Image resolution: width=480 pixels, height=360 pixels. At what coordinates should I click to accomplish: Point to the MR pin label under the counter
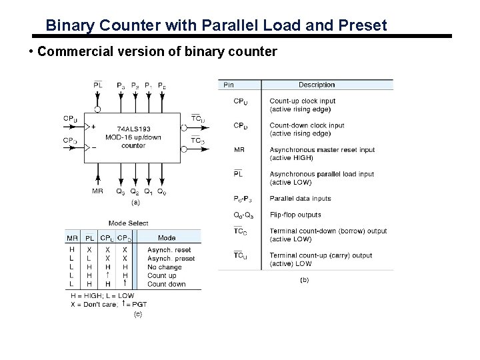click(97, 191)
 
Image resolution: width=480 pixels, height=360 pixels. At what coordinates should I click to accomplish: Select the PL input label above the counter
click(98, 85)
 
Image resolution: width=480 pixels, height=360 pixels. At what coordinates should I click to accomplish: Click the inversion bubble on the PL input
click(98, 109)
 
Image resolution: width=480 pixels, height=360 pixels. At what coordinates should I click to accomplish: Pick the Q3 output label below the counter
click(121, 192)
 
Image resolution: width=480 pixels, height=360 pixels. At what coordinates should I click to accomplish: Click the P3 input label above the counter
click(120, 85)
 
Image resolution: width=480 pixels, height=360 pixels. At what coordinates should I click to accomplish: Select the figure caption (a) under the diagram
click(134, 201)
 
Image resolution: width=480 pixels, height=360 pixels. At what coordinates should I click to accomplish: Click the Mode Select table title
click(129, 223)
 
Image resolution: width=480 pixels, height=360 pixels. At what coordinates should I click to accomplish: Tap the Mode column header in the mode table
click(167, 237)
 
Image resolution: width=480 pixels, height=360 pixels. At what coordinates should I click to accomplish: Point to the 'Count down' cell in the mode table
click(166, 284)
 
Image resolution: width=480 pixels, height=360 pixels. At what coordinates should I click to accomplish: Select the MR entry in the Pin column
click(239, 149)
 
